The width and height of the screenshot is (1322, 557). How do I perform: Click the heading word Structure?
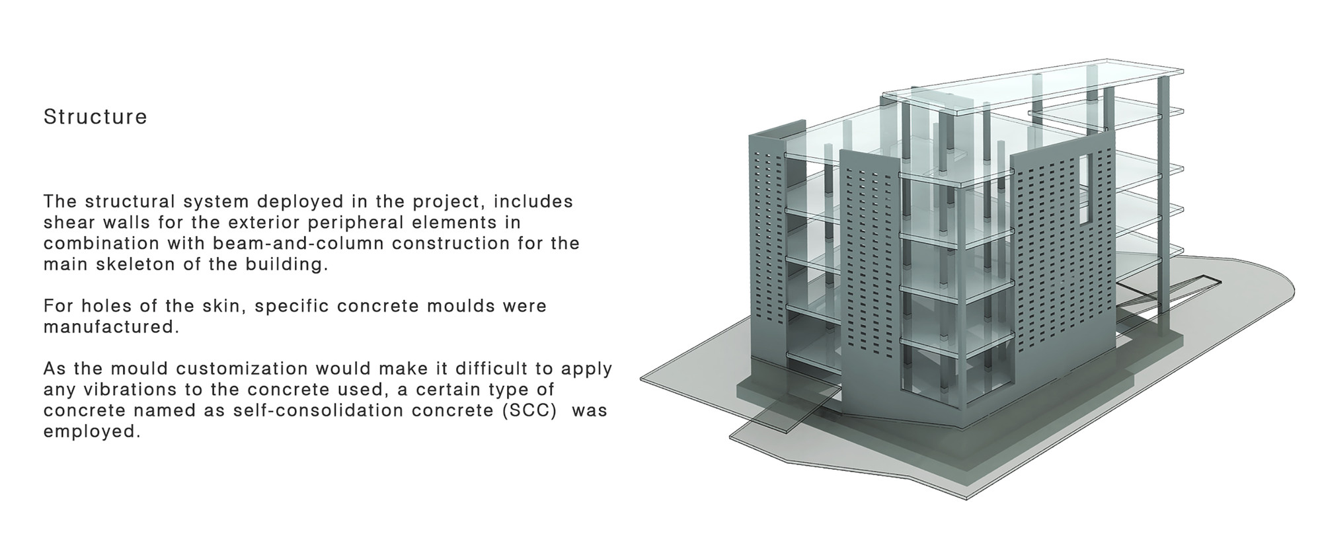(95, 117)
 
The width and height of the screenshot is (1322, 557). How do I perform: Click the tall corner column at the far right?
(1163, 198)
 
